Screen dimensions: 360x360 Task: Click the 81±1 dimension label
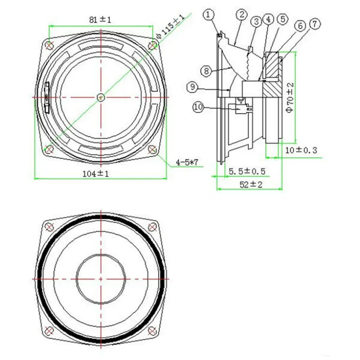[x=100, y=20]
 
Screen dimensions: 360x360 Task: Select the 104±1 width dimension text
[x=95, y=174]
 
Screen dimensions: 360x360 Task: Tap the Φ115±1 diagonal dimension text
[x=170, y=26]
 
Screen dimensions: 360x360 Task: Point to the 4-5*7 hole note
[x=187, y=162]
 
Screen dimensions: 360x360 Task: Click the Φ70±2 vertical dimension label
[x=290, y=98]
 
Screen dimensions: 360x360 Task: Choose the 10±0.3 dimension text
[x=301, y=150]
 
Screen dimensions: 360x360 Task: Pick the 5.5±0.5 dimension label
[x=247, y=171]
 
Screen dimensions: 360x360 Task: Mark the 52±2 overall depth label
[x=251, y=184]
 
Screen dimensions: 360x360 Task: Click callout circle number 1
[x=208, y=15]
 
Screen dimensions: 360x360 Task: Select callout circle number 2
[x=242, y=15]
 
